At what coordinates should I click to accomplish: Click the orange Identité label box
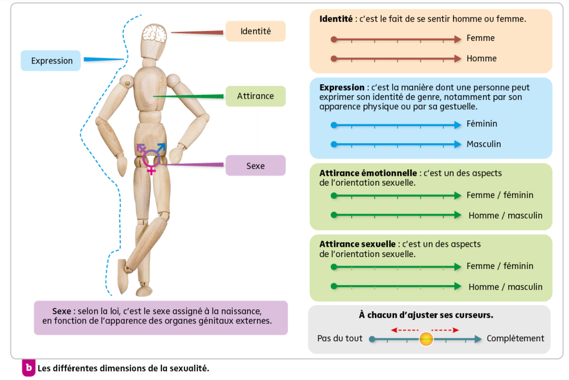256,31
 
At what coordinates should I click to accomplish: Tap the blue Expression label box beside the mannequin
51,61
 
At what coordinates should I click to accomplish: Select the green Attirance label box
256,96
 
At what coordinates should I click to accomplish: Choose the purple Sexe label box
256,166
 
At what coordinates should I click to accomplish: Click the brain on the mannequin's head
155,34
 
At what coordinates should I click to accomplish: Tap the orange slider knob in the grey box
426,339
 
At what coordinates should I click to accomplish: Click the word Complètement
515,339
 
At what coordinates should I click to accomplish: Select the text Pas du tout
340,339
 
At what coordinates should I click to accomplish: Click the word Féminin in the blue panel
482,124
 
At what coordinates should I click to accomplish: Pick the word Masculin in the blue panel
483,144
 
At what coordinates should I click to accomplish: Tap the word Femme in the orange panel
480,38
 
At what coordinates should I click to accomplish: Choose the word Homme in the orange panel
481,59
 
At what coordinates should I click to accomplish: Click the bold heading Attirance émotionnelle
368,173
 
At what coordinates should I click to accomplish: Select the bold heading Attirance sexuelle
358,244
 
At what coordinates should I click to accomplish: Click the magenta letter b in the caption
29,368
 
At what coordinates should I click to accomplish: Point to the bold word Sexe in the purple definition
61,311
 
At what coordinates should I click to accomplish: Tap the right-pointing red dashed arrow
445,330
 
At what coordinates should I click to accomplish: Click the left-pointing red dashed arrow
405,330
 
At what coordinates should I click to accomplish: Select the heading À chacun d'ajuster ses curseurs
426,315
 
